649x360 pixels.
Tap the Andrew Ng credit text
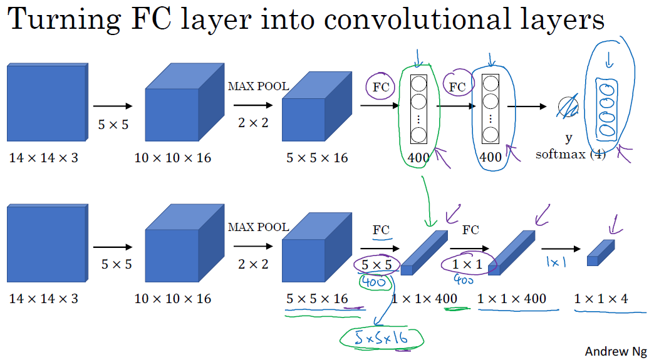[x=613, y=351]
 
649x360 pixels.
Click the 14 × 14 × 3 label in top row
[x=44, y=158]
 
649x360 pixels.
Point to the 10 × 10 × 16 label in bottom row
[x=173, y=299]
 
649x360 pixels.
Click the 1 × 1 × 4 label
[x=601, y=299]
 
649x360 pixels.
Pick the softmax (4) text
[x=570, y=155]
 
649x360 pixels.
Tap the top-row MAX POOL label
[x=259, y=86]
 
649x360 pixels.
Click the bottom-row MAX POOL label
[x=259, y=227]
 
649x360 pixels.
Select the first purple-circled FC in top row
[x=381, y=88]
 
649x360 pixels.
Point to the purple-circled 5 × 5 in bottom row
[x=376, y=265]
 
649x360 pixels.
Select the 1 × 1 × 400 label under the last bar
[x=511, y=299]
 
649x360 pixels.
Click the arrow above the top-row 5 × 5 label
[x=113, y=106]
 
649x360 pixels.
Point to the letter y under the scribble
[x=569, y=139]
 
